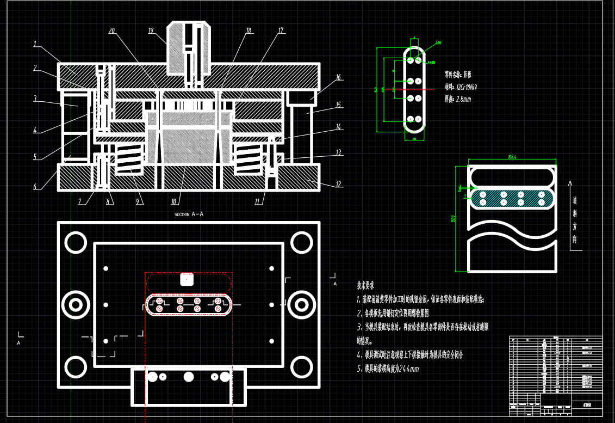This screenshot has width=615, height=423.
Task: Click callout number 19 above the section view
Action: pyautogui.click(x=151, y=31)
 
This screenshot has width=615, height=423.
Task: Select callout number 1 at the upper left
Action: pyautogui.click(x=35, y=44)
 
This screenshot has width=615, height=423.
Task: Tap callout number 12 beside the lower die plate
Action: pyautogui.click(x=338, y=185)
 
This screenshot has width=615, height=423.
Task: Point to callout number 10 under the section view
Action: pyautogui.click(x=173, y=201)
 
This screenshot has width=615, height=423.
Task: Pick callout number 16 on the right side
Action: pyautogui.click(x=338, y=77)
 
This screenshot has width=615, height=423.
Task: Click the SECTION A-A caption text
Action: pyautogui.click(x=189, y=214)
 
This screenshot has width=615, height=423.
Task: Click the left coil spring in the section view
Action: pyautogui.click(x=129, y=158)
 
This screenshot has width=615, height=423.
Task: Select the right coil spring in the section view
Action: pyautogui.click(x=247, y=158)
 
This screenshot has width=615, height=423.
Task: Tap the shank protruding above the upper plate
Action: pyautogui.click(x=189, y=48)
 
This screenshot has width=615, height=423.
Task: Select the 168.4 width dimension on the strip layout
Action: pyautogui.click(x=512, y=157)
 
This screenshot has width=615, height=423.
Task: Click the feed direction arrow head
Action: pyautogui.click(x=570, y=183)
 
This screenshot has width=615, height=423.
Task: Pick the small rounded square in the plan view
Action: pyautogui.click(x=187, y=279)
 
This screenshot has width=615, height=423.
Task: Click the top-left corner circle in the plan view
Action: pyautogui.click(x=76, y=242)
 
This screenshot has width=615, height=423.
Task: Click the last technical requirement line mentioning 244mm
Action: pyautogui.click(x=388, y=369)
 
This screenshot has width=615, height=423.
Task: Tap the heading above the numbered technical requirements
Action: pyautogui.click(x=365, y=285)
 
